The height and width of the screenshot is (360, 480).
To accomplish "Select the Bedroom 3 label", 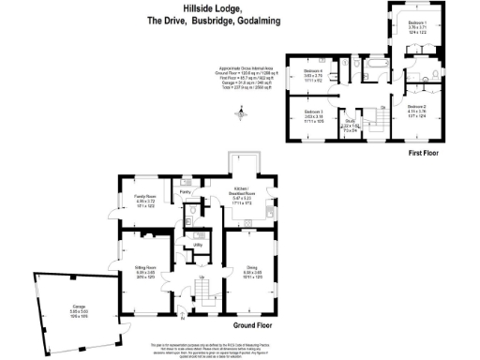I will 313,114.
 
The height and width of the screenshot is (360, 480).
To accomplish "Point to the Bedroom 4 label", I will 313,74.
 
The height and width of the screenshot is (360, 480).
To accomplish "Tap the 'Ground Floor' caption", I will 252,325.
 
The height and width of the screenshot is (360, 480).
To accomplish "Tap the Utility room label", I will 185,245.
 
